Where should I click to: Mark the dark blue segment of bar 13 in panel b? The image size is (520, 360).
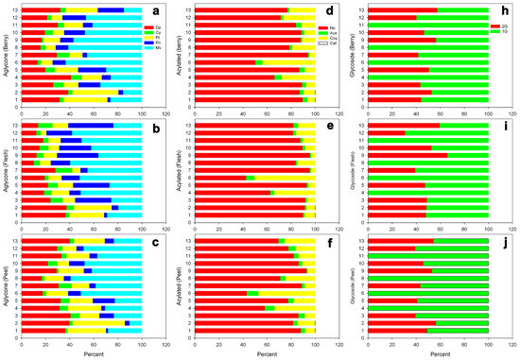(x=91, y=125)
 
